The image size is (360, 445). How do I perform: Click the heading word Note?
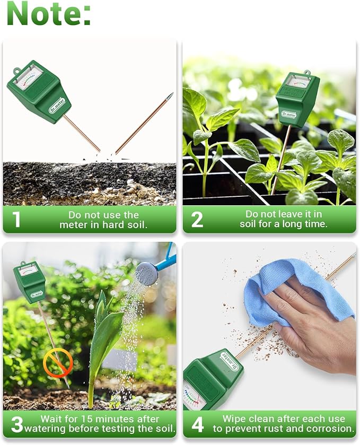(48, 13)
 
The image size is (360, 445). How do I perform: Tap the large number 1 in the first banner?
(17, 220)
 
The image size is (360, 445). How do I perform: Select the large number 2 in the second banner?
(197, 220)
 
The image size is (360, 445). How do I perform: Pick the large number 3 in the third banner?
(17, 424)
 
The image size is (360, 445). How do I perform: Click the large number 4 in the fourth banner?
(197, 424)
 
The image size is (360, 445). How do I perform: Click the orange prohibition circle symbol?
(58, 363)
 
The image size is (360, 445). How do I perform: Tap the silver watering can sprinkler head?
(147, 273)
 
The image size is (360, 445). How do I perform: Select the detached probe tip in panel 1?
(144, 123)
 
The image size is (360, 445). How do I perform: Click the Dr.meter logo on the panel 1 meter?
(57, 106)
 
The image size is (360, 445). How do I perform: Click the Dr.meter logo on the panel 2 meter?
(289, 114)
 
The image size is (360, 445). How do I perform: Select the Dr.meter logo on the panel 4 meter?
(230, 361)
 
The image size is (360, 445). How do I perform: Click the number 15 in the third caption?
(87, 419)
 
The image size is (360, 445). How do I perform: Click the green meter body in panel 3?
(29, 282)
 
